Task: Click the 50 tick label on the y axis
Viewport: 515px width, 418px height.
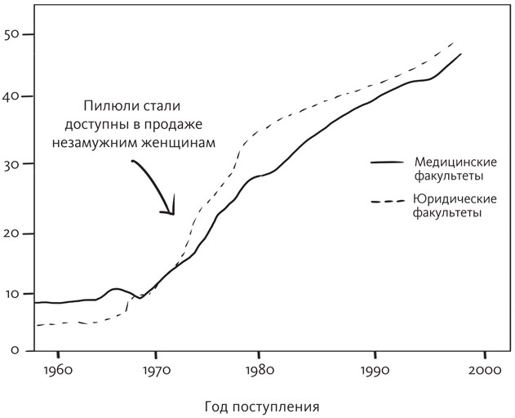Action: pyautogui.click(x=13, y=35)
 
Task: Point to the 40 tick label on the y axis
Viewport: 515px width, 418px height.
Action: pyautogui.click(x=13, y=97)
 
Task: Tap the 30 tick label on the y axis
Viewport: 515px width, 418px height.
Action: pyautogui.click(x=13, y=164)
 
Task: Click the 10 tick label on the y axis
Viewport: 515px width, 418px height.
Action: pyautogui.click(x=13, y=294)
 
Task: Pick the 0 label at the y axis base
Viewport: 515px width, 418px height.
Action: pyautogui.click(x=16, y=350)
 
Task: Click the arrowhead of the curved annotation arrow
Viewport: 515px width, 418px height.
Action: pyautogui.click(x=172, y=213)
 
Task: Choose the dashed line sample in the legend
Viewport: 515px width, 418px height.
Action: pyautogui.click(x=388, y=200)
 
